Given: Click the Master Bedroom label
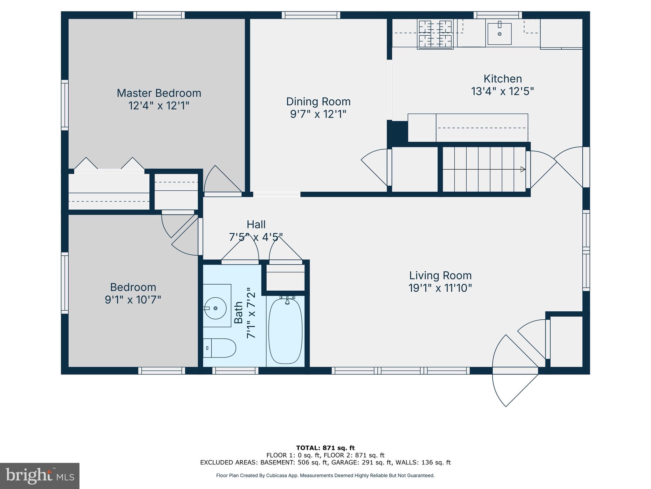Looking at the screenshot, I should (x=159, y=93).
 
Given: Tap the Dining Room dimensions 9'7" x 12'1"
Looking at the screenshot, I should (x=318, y=114).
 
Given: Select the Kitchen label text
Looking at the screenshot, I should (x=503, y=79).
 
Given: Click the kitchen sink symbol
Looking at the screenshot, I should (x=499, y=33).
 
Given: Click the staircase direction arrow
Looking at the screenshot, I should (x=522, y=169).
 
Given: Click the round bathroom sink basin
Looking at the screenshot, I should (x=215, y=308).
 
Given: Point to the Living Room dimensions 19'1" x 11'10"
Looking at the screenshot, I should (x=440, y=288).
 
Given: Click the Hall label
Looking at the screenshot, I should (x=256, y=224).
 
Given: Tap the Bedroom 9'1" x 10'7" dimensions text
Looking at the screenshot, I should (x=133, y=300).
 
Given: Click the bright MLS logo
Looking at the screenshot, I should (x=39, y=476).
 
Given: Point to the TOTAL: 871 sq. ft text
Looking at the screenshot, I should (x=325, y=448).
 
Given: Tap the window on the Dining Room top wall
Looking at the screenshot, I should (x=311, y=15).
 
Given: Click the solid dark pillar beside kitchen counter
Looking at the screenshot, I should (x=397, y=131).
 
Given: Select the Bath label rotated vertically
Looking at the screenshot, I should (x=238, y=313).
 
